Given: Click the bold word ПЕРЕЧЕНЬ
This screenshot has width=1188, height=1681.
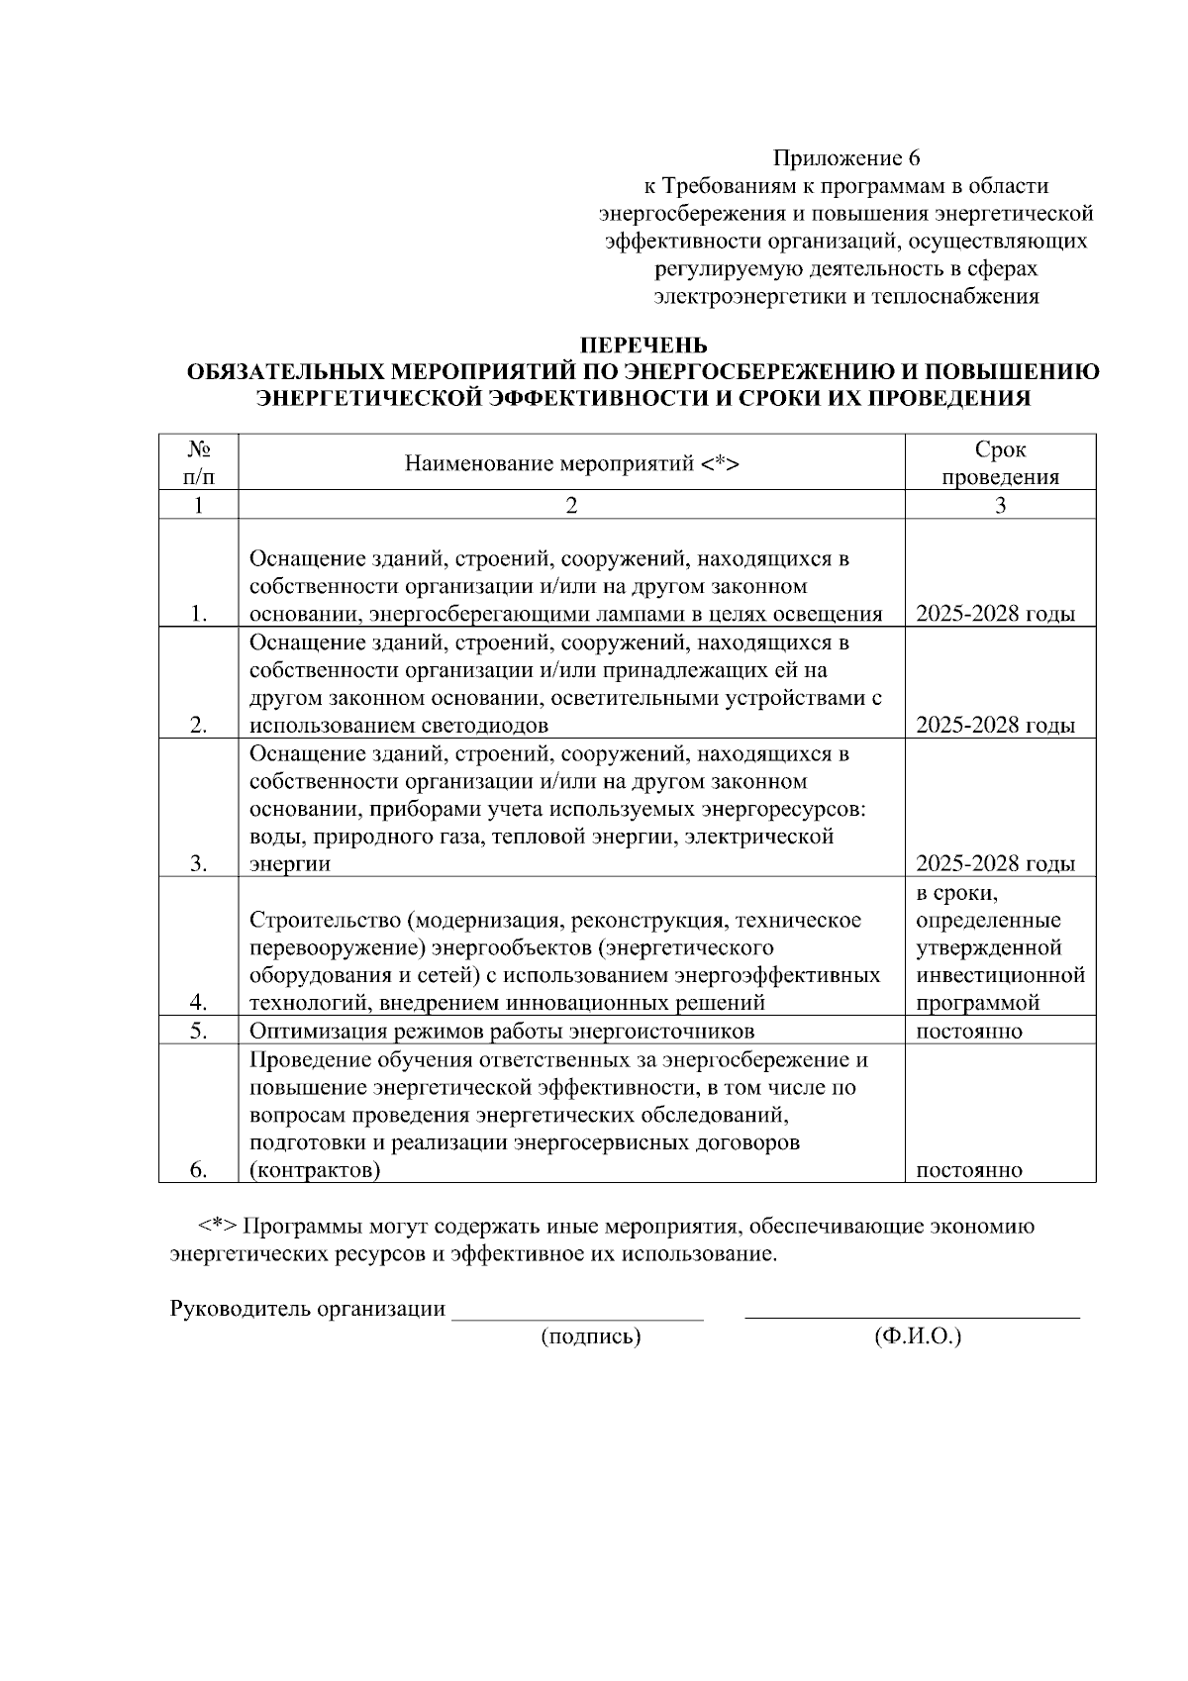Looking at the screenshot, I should (643, 346).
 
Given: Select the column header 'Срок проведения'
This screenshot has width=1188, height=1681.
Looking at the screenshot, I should (1000, 463).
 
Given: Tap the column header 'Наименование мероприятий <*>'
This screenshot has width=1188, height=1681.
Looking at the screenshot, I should (571, 463).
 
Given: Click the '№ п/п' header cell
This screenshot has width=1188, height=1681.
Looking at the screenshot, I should (198, 463).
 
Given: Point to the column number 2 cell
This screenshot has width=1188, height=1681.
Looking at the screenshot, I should (571, 505).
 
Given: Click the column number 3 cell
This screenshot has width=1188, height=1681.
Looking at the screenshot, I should (1000, 505).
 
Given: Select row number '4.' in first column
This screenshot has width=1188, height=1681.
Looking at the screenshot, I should (198, 1003).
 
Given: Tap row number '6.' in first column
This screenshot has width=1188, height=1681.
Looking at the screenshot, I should (198, 1170).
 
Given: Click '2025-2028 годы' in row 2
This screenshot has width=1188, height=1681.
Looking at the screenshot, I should (995, 726).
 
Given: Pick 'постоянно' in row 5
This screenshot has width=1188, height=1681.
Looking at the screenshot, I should (969, 1031).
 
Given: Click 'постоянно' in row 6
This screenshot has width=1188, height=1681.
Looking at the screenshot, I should (969, 1170).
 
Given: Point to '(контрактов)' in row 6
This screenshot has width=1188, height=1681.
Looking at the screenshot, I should (315, 1170).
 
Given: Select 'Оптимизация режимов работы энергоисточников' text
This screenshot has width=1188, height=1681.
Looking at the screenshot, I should (502, 1031).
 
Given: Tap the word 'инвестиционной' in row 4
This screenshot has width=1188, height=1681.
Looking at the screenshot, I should (1000, 975).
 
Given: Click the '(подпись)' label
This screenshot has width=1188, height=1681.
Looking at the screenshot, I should (591, 1337).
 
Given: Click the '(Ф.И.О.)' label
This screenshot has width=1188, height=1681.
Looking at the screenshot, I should (918, 1337).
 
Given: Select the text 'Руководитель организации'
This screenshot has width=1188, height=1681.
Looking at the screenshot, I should (308, 1309).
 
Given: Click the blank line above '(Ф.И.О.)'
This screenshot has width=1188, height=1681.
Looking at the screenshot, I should (911, 1315).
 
